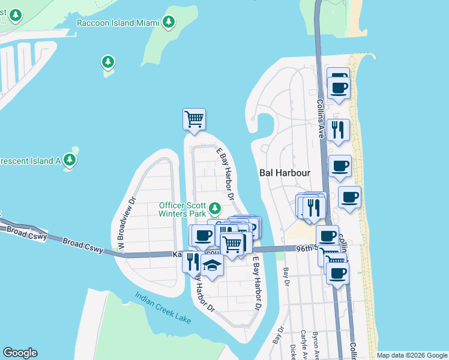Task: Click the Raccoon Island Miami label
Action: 118,23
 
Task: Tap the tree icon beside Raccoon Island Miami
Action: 169,23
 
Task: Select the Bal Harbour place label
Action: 285,172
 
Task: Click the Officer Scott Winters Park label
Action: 182,209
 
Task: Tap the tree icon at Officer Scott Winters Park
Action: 214,209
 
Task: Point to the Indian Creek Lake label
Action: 163,308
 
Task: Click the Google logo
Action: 20,353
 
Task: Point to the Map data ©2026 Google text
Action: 412,355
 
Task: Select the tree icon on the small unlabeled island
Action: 108,62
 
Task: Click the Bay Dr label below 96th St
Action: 286,278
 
